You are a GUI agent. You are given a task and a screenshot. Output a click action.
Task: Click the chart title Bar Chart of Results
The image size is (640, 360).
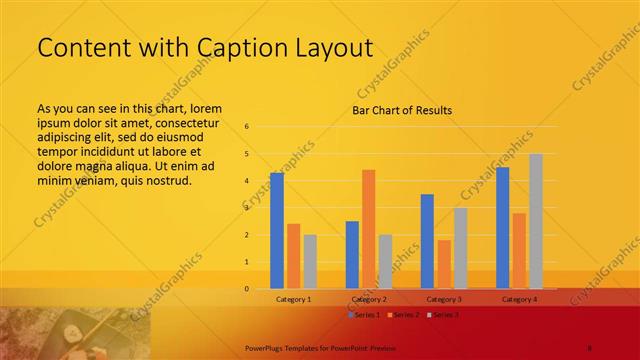coord(401,110)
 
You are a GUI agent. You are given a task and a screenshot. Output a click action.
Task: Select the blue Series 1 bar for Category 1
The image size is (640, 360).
coord(277,231)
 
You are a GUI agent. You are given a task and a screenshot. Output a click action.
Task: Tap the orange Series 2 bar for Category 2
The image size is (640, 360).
coord(368,229)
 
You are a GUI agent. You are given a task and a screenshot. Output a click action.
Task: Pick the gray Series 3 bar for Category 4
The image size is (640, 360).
coord(536,221)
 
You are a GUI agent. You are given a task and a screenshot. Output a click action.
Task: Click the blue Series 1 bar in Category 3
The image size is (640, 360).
coord(427,241)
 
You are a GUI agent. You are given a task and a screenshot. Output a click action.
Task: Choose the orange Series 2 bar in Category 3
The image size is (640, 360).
coord(444,264)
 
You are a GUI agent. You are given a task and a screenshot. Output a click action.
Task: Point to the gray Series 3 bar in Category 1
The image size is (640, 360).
coord(310,262)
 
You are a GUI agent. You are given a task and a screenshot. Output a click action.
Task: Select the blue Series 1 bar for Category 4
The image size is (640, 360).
coord(502,228)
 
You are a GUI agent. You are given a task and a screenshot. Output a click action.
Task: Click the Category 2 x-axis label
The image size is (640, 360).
coord(369,299)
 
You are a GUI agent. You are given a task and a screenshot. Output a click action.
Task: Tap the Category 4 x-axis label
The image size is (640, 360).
coord(519,299)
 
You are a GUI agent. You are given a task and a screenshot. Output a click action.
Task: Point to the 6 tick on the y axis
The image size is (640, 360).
coord(246,127)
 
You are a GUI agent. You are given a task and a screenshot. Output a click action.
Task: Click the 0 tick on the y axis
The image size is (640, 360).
coord(246,289)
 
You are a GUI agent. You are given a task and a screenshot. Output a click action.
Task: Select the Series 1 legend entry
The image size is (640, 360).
coord(364,315)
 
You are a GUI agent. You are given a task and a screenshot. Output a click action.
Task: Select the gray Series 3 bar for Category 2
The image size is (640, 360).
coord(385,262)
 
